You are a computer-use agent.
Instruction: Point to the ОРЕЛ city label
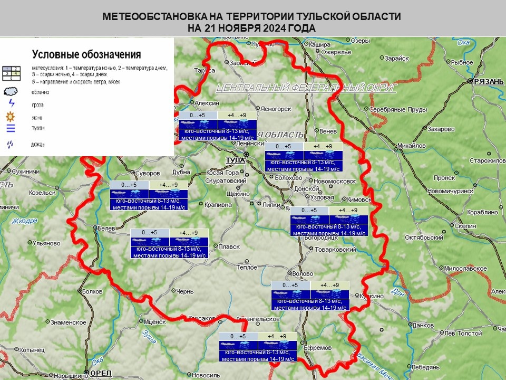coord(101,373)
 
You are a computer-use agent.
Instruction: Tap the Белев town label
coord(106,228)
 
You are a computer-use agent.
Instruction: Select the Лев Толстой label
coord(463,333)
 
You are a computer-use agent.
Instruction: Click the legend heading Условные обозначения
coord(86,54)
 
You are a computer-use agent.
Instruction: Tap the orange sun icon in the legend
coord(10,116)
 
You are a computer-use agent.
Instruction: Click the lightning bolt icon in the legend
coord(11,104)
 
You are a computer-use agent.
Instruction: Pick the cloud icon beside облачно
coord(11,91)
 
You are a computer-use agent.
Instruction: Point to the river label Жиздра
coord(25,221)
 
